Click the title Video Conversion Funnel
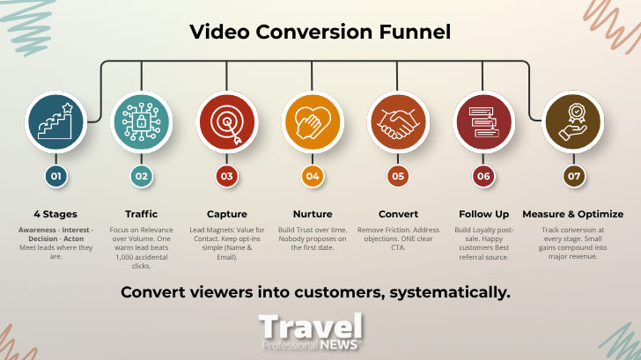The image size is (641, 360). pyautogui.click(x=320, y=33)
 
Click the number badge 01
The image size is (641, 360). pyautogui.click(x=55, y=176)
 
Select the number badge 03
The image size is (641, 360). pyautogui.click(x=227, y=176)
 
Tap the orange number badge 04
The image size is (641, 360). pyautogui.click(x=313, y=176)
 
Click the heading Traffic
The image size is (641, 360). pyautogui.click(x=141, y=214)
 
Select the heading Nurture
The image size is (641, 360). pyautogui.click(x=313, y=214)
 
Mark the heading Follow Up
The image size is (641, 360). pyautogui.click(x=483, y=214)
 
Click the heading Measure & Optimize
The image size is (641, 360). pyautogui.click(x=573, y=214)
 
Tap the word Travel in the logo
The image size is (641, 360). pyautogui.click(x=310, y=326)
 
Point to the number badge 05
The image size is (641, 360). pyautogui.click(x=398, y=176)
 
